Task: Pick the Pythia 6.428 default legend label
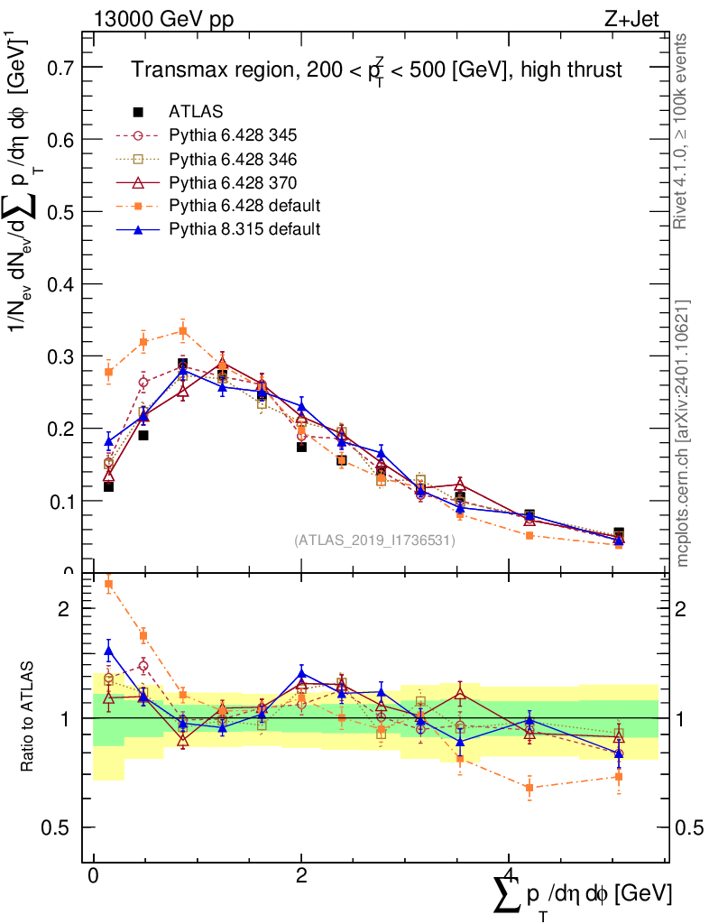pos(244,206)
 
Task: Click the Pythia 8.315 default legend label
pos(244,229)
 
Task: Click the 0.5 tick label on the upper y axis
pos(62,212)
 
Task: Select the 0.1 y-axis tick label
pos(62,501)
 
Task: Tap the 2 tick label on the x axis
pos(301,875)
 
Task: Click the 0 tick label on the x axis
pos(94,875)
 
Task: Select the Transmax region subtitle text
pos(377,70)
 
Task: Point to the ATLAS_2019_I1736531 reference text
pos(374,541)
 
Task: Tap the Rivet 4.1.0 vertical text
pos(682,131)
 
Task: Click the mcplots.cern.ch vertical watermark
pos(682,433)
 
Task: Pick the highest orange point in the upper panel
pos(183,331)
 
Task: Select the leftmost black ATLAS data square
pos(109,486)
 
